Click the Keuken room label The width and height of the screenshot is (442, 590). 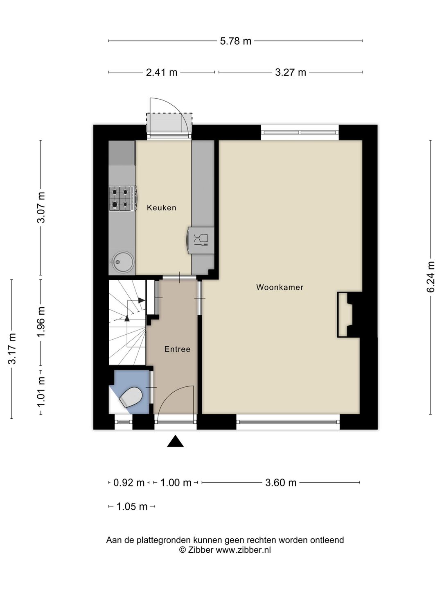click(161, 207)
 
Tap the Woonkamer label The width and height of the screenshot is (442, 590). click(280, 287)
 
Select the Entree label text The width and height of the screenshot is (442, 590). click(177, 349)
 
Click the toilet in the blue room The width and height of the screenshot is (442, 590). click(131, 397)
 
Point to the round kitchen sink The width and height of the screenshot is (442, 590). click(123, 262)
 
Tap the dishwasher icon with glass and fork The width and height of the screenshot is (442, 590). click(201, 240)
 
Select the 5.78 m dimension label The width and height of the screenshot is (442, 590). click(236, 41)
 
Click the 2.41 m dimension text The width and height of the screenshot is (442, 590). click(162, 72)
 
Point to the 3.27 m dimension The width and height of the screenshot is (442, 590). click(291, 72)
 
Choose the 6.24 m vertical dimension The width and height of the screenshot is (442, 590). click(430, 277)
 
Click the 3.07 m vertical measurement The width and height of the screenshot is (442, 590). click(41, 207)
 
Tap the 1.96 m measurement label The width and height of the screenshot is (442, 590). click(41, 322)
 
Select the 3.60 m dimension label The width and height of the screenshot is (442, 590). click(281, 483)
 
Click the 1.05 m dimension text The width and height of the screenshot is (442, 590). click(132, 507)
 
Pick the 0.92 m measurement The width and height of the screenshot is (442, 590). click(129, 483)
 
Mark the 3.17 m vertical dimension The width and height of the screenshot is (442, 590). click(12, 349)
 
